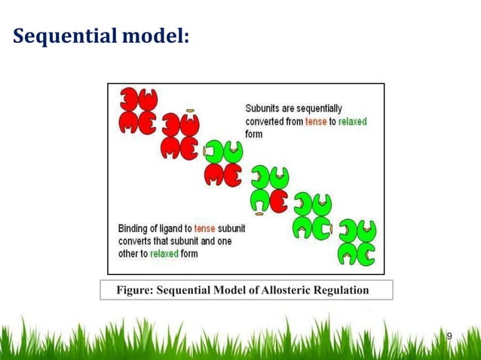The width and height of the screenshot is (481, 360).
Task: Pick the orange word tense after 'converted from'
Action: coord(317,122)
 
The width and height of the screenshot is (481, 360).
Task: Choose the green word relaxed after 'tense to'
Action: coord(353,122)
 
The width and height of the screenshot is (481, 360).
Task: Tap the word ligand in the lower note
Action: coord(170,228)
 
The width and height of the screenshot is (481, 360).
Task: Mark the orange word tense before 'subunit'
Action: coord(205,228)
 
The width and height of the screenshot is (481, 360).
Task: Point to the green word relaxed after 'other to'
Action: coord(164,254)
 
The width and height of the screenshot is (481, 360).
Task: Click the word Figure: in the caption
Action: coord(133,291)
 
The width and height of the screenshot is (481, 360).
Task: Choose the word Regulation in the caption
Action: coord(342,291)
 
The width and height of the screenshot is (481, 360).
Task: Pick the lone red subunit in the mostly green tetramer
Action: coord(279,201)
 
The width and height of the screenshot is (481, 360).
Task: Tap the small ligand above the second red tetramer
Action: coord(191,111)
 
